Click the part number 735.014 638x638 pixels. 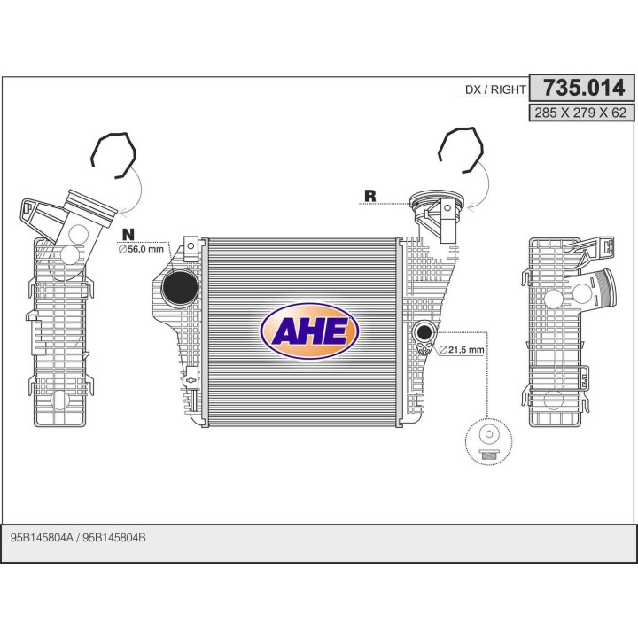(584, 88)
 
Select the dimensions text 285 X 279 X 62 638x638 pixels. (580, 113)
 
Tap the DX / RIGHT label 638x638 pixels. (495, 89)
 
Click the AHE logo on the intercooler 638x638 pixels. (309, 331)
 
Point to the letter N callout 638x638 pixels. (128, 234)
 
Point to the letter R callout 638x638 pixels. (370, 196)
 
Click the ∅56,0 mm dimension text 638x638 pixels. (141, 249)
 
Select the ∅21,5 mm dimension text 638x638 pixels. (462, 349)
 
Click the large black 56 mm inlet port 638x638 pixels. (180, 287)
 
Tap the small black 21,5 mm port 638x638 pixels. (424, 332)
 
